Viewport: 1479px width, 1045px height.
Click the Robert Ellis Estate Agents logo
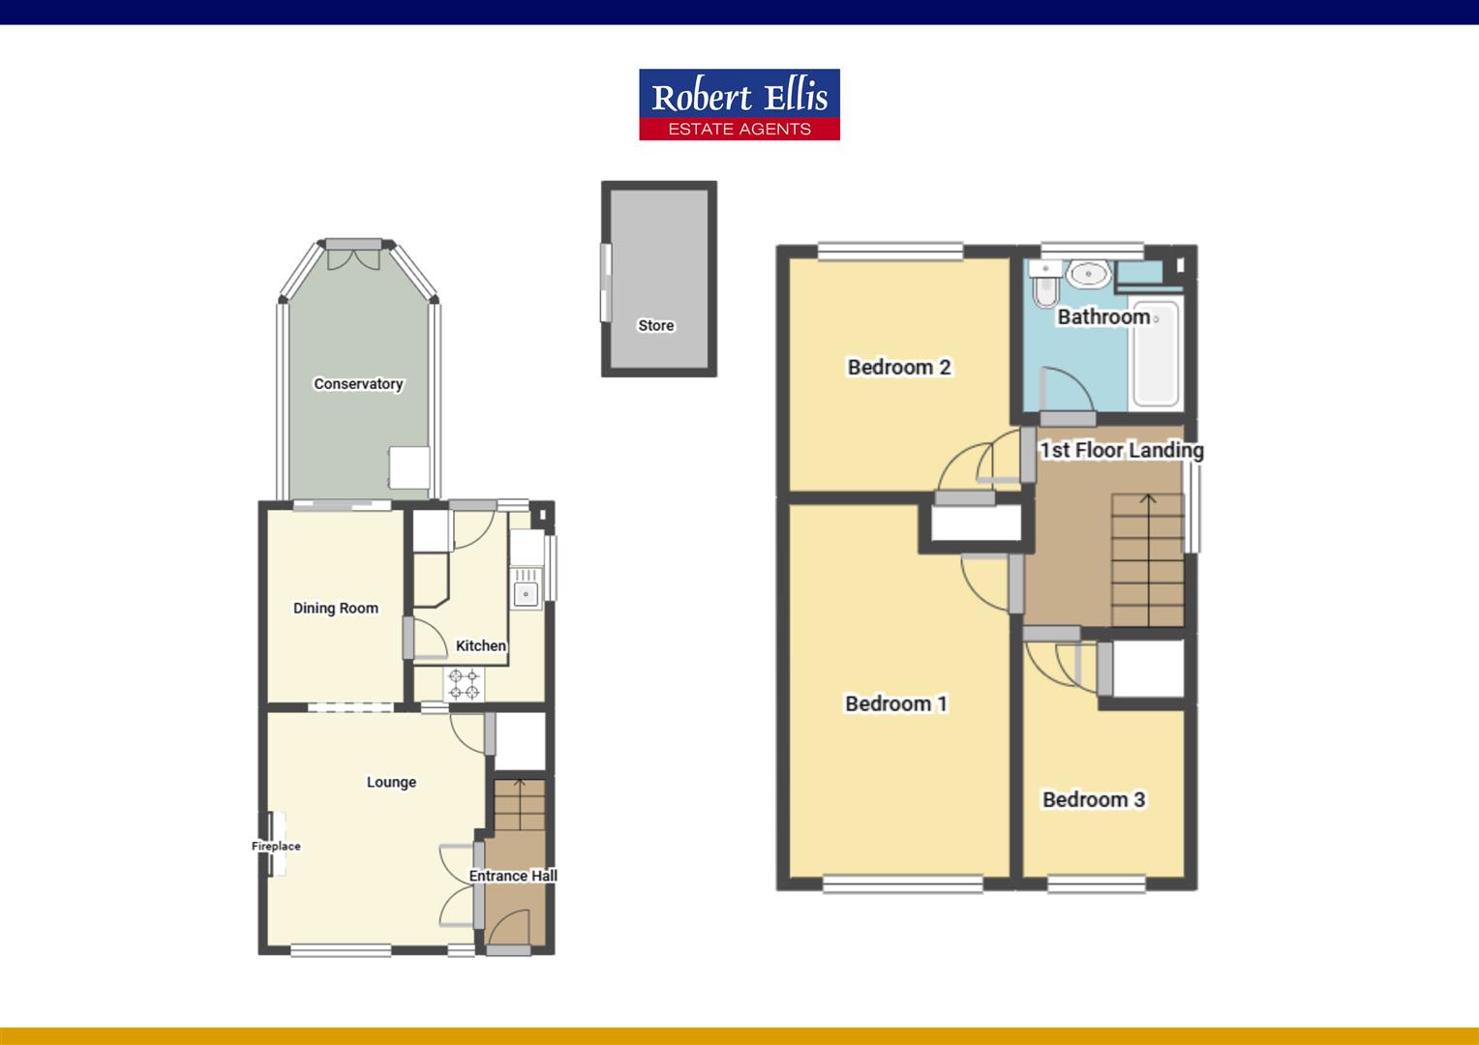coord(739,104)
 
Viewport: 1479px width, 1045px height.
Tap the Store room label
coord(655,325)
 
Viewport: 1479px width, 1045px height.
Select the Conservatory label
coord(357,384)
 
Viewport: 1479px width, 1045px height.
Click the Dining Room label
coord(335,609)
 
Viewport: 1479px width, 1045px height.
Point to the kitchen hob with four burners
coord(464,684)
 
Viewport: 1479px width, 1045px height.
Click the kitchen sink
coord(527,592)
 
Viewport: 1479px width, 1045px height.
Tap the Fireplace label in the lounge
coord(276,846)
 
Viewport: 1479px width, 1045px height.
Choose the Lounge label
coord(391,782)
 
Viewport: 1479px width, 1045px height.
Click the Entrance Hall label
coord(513,876)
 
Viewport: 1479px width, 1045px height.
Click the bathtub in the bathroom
coord(1156,354)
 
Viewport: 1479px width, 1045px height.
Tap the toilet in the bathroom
coord(1043,286)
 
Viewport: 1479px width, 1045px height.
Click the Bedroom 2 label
coord(898,367)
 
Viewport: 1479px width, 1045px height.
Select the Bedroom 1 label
coord(895,703)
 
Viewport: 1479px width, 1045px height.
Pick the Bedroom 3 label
coord(1093,799)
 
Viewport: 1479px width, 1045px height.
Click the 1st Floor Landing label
coord(1121,450)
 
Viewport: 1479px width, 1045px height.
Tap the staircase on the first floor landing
coord(1148,561)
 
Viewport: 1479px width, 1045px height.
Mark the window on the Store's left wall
coord(607,282)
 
